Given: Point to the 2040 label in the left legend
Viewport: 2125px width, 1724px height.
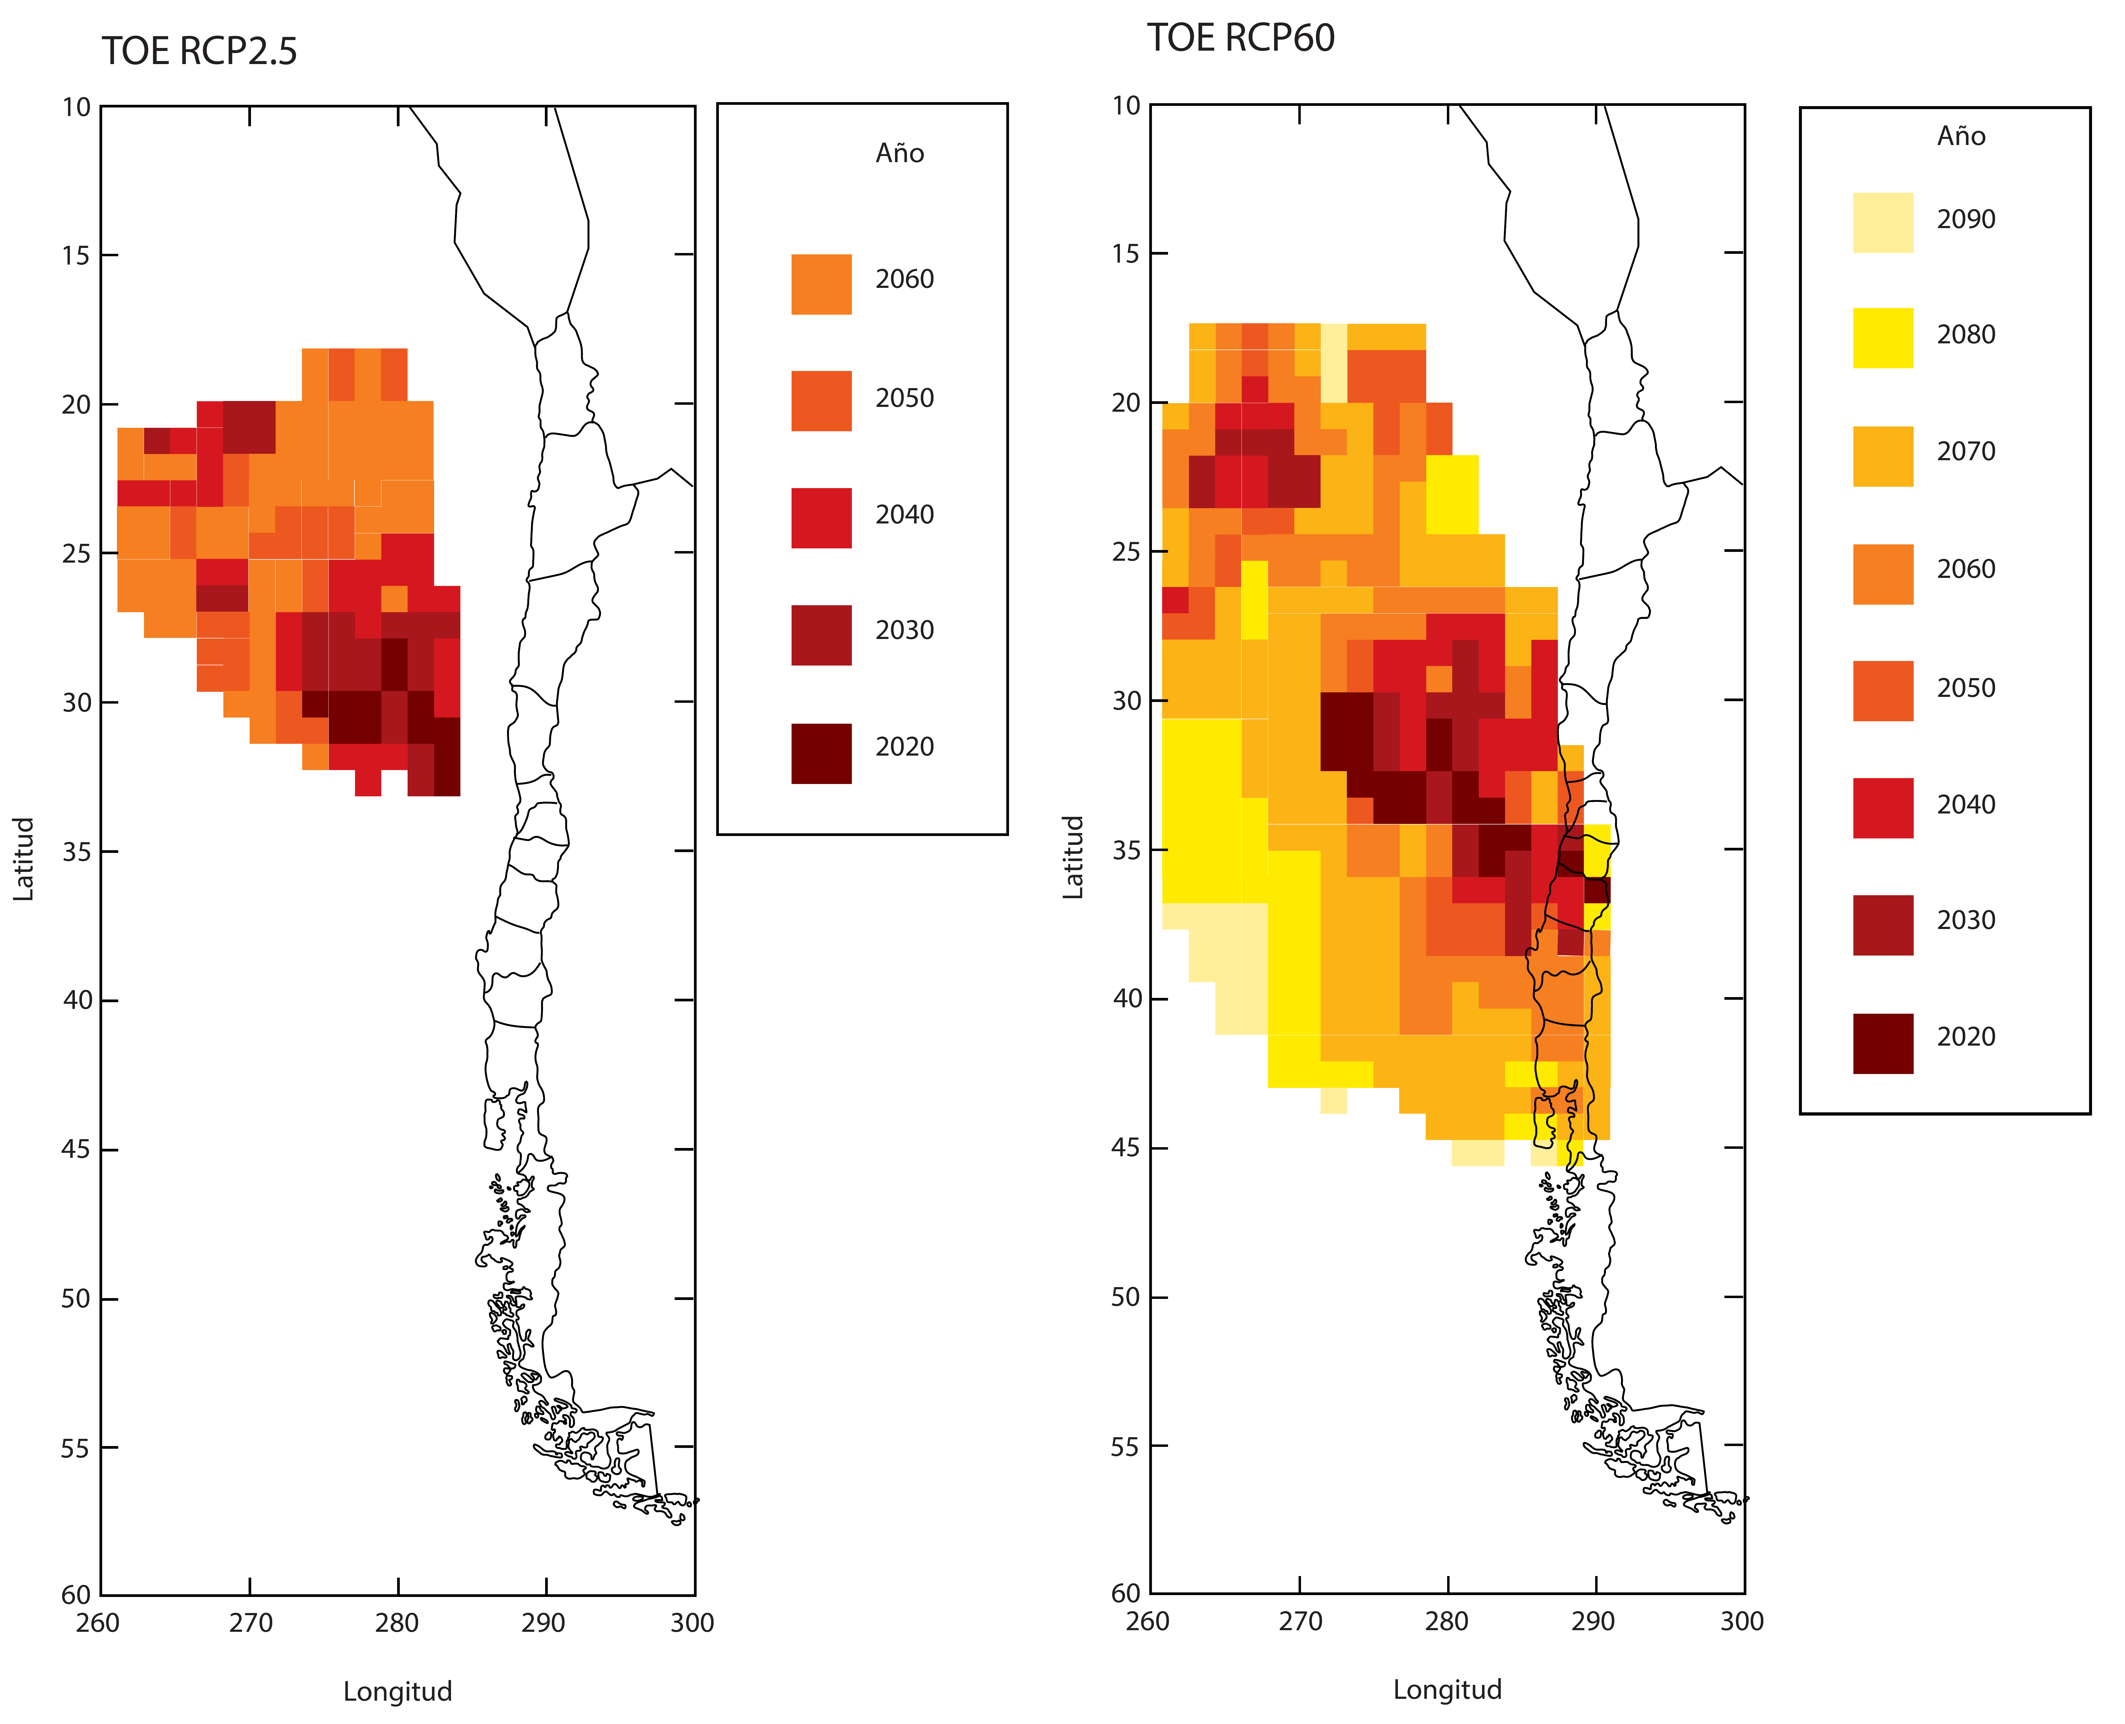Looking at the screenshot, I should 904,514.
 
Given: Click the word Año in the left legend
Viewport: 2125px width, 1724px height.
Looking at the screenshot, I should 899,154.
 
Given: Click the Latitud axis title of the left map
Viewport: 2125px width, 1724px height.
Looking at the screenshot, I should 24,859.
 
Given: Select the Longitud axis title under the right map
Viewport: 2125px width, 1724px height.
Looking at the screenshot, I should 1446,1689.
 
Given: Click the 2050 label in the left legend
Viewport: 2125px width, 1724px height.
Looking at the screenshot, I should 904,398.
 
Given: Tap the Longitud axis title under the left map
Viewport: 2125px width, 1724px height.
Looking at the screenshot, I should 397,1691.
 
